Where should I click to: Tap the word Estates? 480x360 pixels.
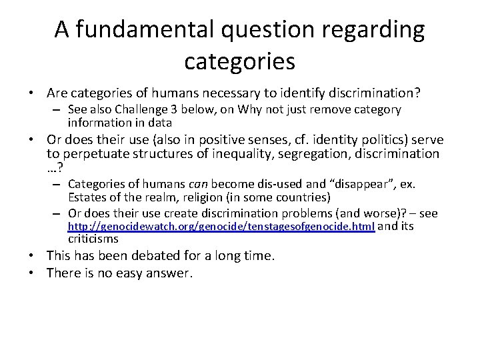coord(86,197)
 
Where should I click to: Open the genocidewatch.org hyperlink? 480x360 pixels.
coord(221,227)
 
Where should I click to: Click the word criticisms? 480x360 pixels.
coord(93,239)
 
